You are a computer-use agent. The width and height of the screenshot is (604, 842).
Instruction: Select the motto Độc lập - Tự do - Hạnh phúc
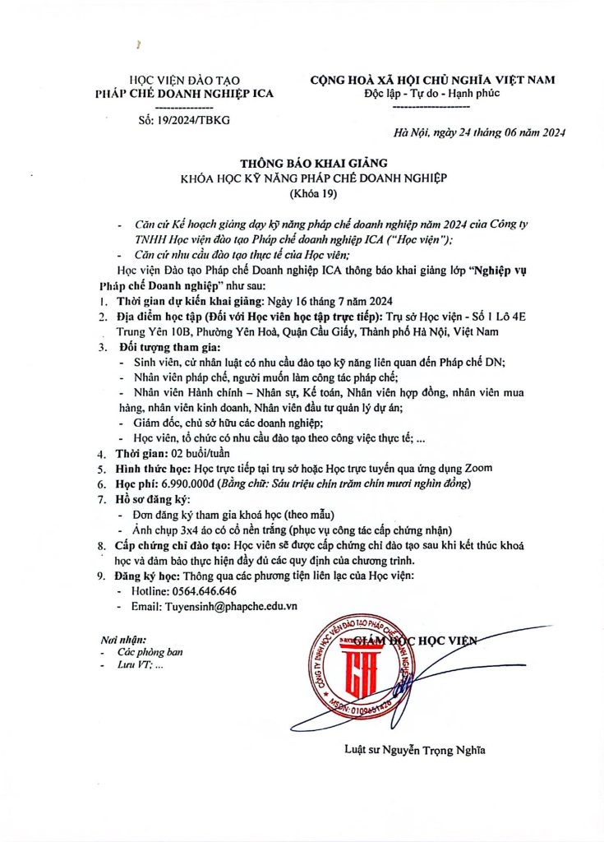pos(432,94)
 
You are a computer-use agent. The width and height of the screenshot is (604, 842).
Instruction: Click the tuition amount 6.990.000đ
pos(184,483)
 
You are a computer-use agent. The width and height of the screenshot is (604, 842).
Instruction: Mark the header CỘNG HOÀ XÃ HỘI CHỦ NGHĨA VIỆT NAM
pos(432,80)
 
